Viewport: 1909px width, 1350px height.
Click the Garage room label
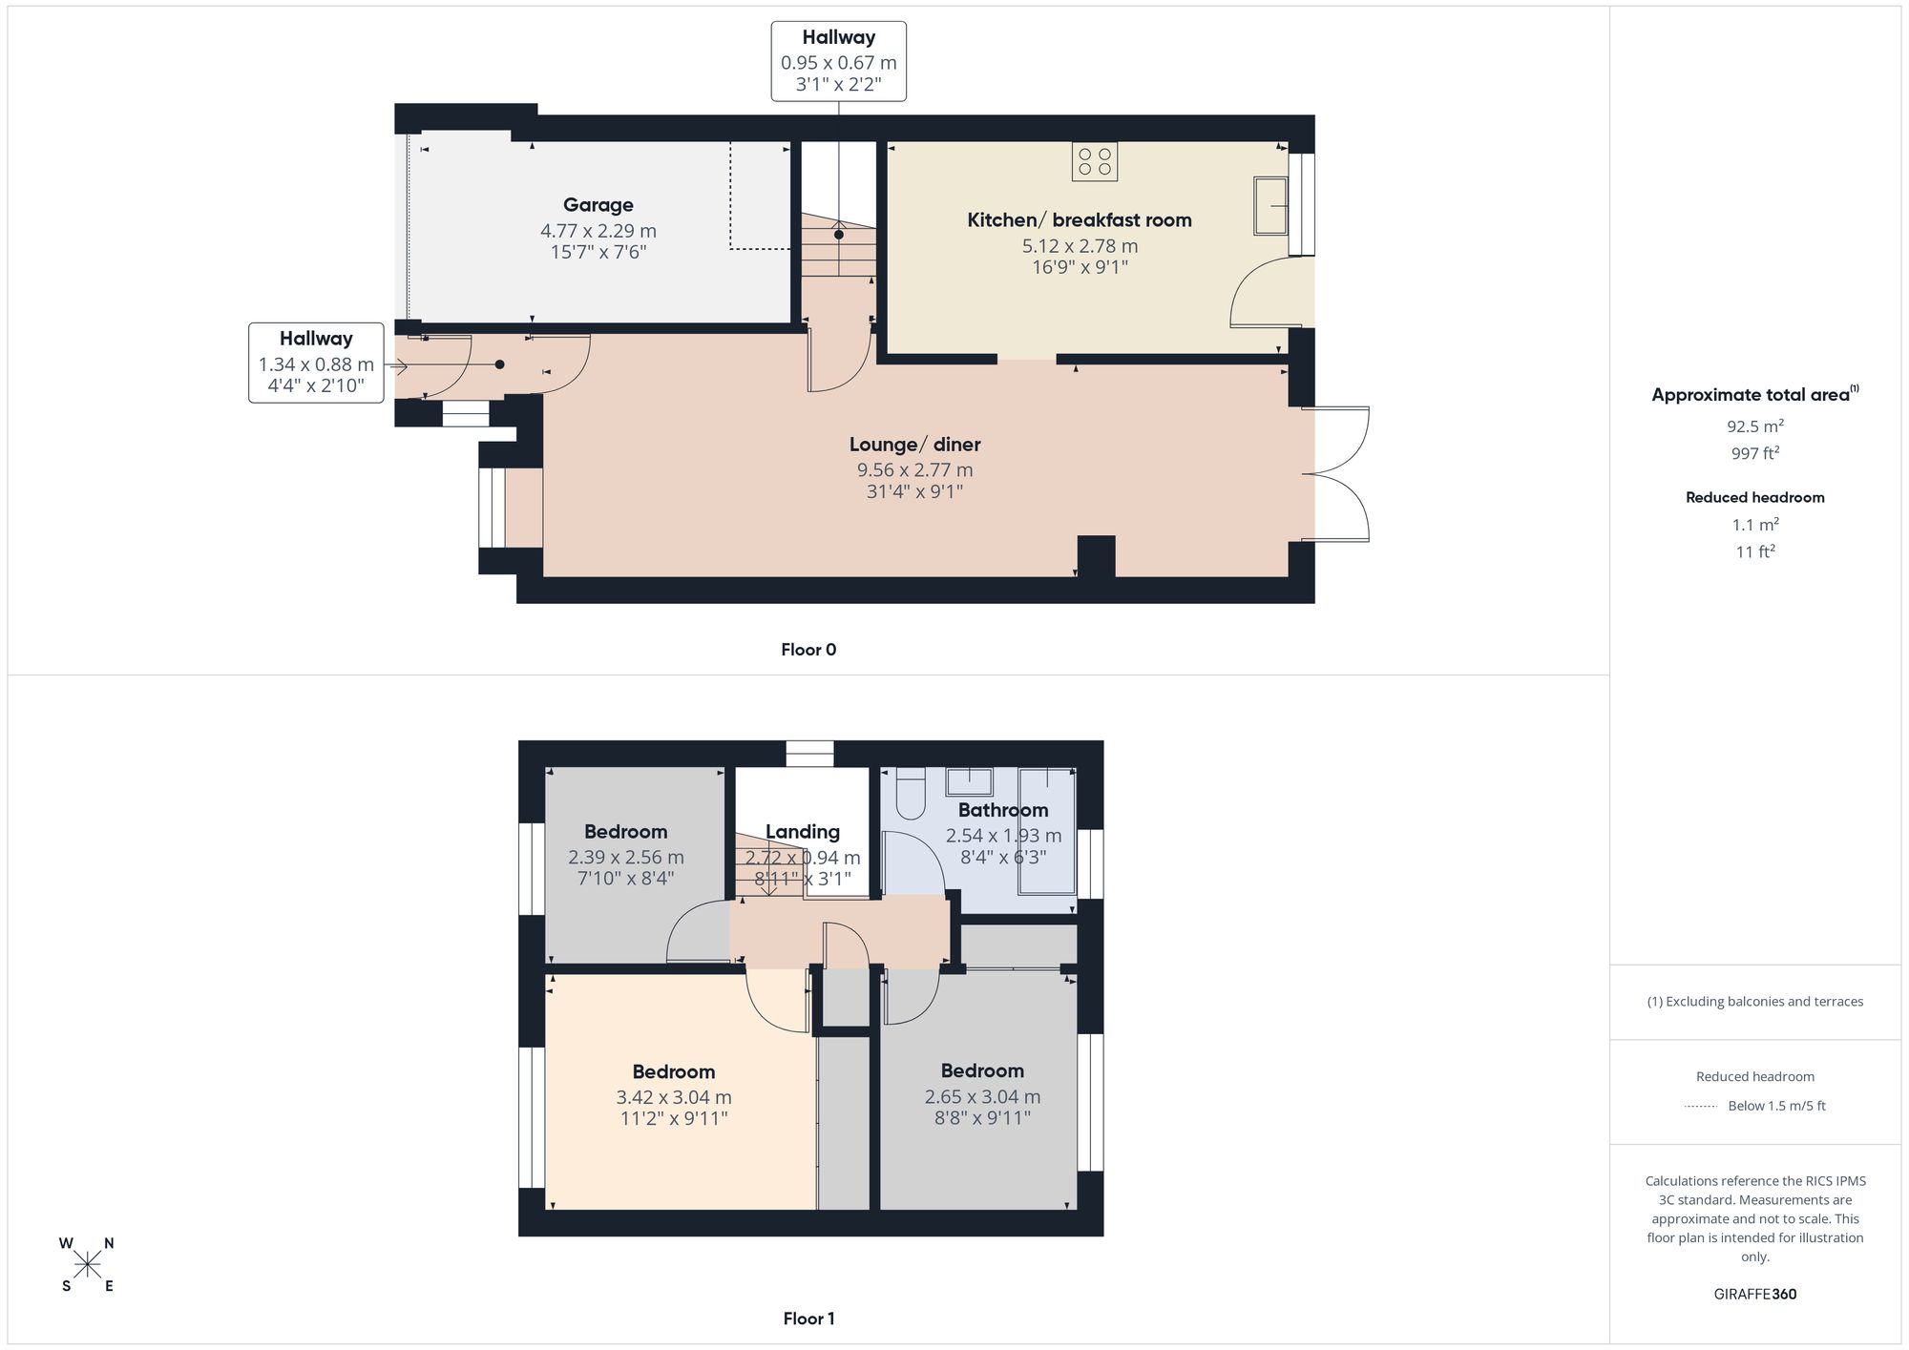pyautogui.click(x=598, y=205)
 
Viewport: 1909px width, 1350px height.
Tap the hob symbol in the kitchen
pyautogui.click(x=1095, y=161)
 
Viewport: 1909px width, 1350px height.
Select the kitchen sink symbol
pyautogui.click(x=1270, y=205)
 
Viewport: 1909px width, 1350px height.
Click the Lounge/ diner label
pyautogui.click(x=914, y=445)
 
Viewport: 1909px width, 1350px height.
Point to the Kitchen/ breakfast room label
pyautogui.click(x=1080, y=220)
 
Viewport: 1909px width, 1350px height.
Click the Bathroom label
pyautogui.click(x=1003, y=810)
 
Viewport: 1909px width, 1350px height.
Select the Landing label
pyautogui.click(x=802, y=832)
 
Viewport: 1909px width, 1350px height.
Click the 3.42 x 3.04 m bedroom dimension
pyautogui.click(x=674, y=1097)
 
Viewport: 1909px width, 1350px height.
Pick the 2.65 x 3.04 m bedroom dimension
pyautogui.click(x=982, y=1097)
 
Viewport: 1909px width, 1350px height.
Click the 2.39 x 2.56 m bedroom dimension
pyautogui.click(x=626, y=857)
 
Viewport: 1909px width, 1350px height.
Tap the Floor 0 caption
pyautogui.click(x=808, y=650)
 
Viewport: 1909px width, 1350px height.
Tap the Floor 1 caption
pyautogui.click(x=808, y=1319)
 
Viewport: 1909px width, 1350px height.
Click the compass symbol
pyautogui.click(x=88, y=1265)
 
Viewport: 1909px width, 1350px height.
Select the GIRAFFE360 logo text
pyautogui.click(x=1754, y=1294)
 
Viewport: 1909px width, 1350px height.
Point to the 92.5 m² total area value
pyautogui.click(x=1754, y=426)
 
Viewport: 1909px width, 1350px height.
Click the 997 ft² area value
pyautogui.click(x=1754, y=453)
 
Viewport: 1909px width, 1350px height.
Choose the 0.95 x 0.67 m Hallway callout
pyautogui.click(x=839, y=62)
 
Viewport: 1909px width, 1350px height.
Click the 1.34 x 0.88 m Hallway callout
pyautogui.click(x=316, y=363)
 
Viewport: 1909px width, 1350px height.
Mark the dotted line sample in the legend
pyautogui.click(x=1701, y=1106)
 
